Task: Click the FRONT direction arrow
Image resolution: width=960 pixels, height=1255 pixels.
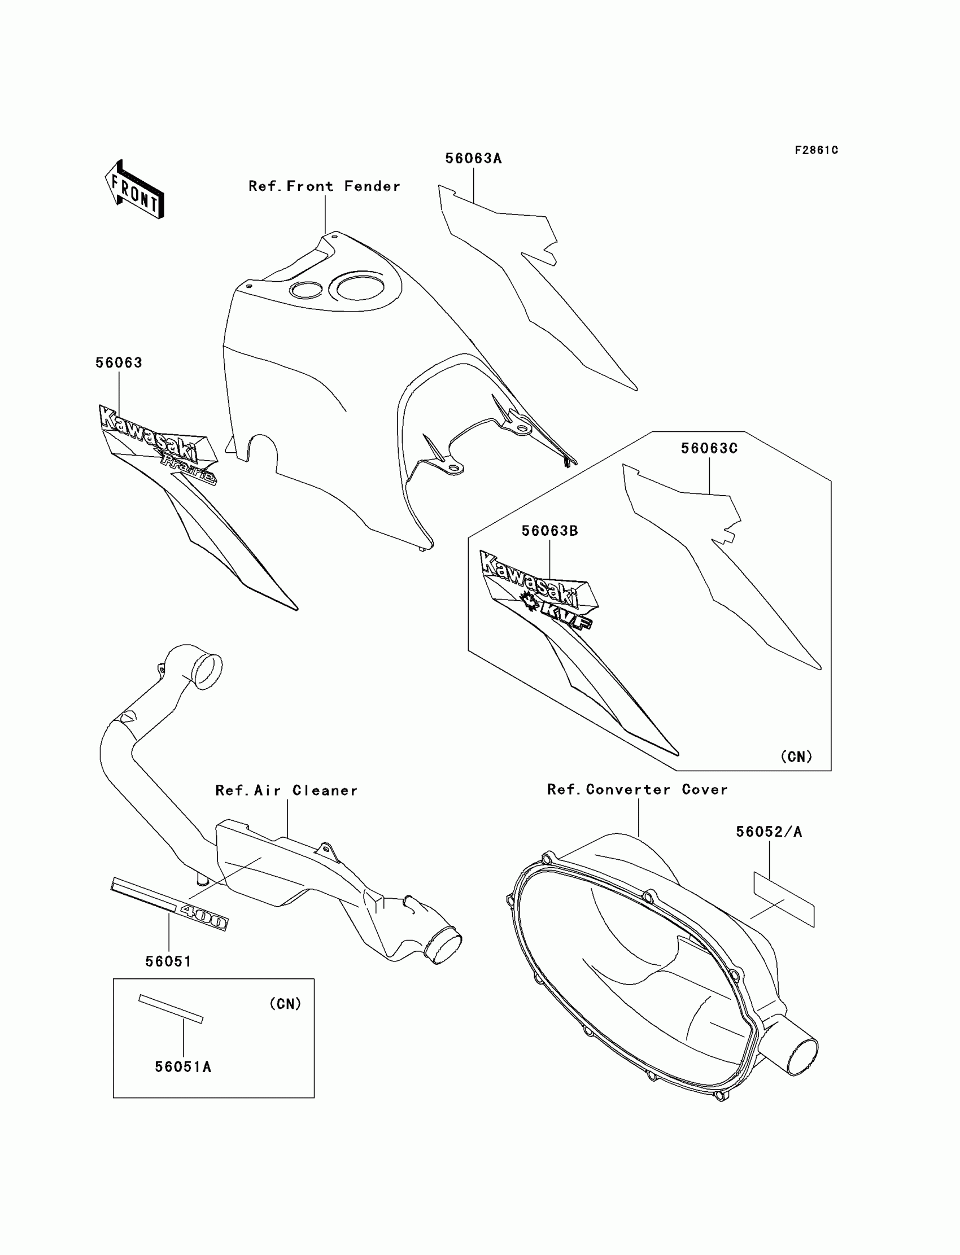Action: tap(135, 190)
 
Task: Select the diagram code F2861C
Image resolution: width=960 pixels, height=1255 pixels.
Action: tap(816, 150)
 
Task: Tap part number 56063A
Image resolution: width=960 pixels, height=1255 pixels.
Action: tap(473, 159)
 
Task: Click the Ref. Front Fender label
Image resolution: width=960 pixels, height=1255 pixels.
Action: tap(324, 186)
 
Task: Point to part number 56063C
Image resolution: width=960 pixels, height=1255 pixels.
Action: tap(709, 448)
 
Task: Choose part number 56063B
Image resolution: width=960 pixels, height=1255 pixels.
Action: tap(549, 531)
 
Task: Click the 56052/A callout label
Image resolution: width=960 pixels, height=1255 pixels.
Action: tap(769, 832)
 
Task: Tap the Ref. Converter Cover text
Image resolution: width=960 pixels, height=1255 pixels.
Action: tap(637, 789)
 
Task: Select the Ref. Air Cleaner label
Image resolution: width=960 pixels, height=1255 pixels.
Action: tap(286, 790)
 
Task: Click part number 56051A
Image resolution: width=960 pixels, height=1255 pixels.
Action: tap(183, 1067)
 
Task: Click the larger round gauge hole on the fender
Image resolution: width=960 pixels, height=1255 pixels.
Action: tap(360, 287)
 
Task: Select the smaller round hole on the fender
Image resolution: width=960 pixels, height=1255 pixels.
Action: tap(306, 290)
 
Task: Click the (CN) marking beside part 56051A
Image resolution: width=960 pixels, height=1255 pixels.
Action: tap(285, 1004)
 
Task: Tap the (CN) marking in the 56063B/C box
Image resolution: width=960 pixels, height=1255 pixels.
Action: tap(796, 757)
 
